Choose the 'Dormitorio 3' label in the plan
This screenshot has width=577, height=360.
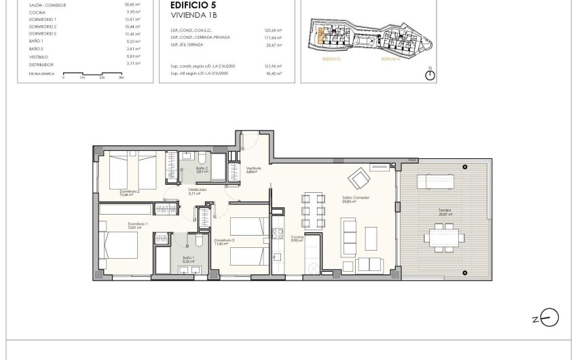(225, 240)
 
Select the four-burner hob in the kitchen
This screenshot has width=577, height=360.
(277, 234)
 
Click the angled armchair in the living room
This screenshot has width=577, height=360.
(358, 179)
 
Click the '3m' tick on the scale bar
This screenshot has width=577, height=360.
(121, 78)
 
